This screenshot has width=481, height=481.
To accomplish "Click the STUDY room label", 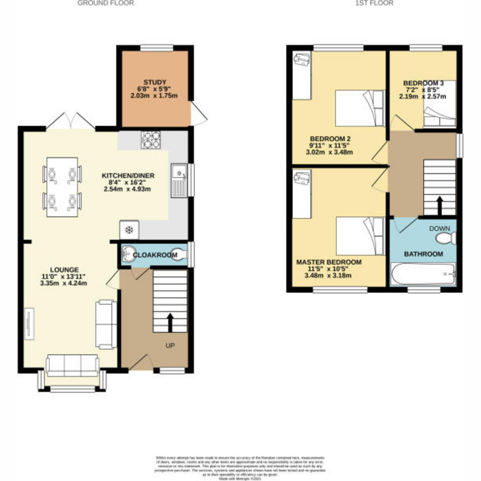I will click(154, 82).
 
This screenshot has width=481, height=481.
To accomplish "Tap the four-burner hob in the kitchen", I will click(151, 140).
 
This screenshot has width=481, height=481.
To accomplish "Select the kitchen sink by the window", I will click(179, 180).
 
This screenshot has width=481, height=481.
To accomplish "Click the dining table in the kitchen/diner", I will click(62, 187).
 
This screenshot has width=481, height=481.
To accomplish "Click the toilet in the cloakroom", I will click(180, 255).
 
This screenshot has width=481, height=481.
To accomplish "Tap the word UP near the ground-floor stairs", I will click(170, 345).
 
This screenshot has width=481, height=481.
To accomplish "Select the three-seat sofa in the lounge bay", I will click(72, 365).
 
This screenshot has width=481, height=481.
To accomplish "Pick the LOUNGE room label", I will click(64, 270).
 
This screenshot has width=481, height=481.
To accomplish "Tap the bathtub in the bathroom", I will click(423, 274).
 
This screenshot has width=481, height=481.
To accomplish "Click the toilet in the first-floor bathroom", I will click(445, 238).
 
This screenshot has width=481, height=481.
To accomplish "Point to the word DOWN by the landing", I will click(439, 228).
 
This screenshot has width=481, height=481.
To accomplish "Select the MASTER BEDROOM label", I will click(329, 262).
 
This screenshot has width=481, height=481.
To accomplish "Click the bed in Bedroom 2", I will click(359, 108).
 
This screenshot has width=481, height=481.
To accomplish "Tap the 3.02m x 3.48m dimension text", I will click(329, 152).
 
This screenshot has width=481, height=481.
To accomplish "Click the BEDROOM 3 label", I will click(423, 83).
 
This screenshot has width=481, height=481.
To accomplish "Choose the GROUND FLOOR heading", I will click(105, 3).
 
